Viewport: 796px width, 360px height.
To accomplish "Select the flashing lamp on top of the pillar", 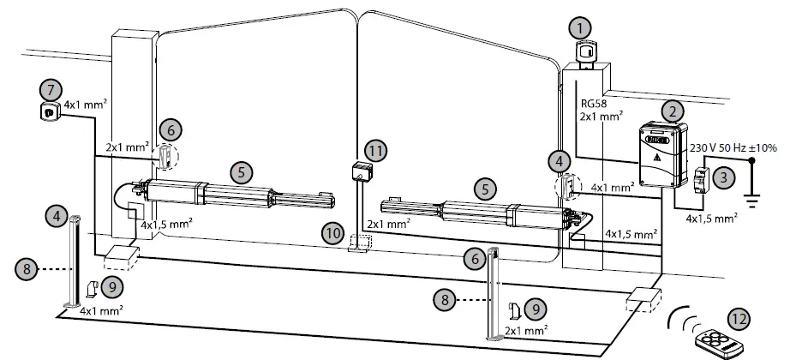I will click(586, 54).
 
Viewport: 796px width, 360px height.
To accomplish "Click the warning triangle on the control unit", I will click(656, 159).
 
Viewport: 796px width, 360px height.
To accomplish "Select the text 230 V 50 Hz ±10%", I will click(733, 147).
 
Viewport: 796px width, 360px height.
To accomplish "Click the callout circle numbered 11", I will click(374, 150).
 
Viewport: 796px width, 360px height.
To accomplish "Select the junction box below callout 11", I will click(361, 171).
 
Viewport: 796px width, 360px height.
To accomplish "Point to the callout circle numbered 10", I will click(333, 232).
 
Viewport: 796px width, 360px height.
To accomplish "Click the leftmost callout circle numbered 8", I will click(27, 268).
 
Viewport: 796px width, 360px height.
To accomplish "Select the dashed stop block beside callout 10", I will click(360, 245).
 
